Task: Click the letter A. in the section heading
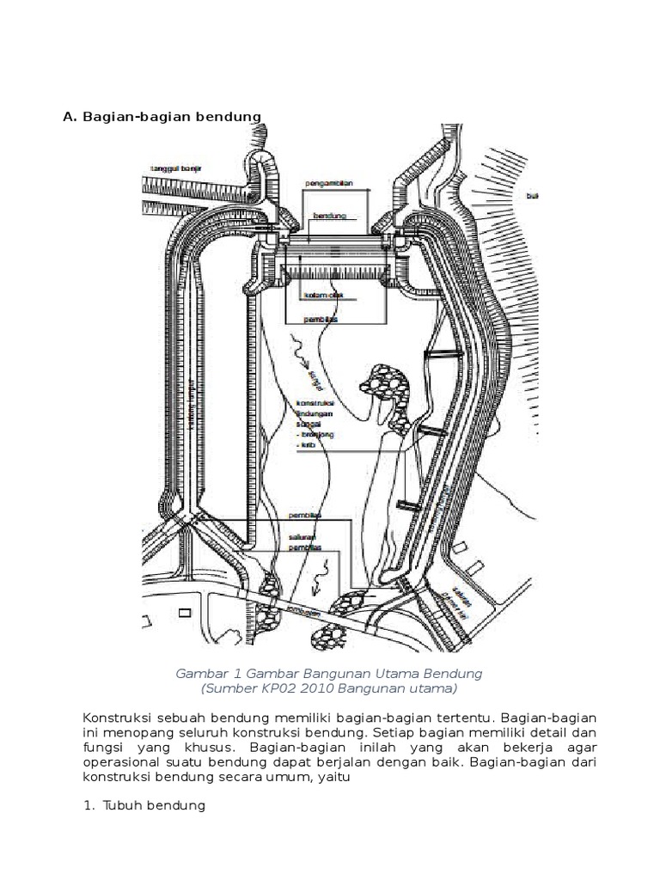[70, 116]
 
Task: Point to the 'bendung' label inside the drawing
[328, 216]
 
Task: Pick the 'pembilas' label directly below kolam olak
[320, 319]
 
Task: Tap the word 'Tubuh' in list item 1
[122, 807]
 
